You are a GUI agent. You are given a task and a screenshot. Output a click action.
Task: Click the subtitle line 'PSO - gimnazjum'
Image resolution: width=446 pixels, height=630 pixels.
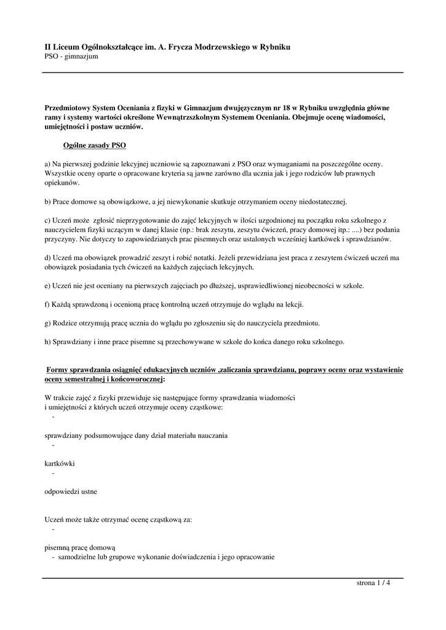71,57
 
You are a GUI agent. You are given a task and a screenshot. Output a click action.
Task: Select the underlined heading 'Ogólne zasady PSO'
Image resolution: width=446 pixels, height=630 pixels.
95,146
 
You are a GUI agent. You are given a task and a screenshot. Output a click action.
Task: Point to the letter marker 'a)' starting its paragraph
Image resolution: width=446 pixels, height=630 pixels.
48,164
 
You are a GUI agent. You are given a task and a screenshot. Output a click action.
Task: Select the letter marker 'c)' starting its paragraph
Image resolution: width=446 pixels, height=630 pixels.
48,220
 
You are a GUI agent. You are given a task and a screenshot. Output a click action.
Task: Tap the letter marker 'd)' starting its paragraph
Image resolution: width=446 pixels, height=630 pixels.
49,258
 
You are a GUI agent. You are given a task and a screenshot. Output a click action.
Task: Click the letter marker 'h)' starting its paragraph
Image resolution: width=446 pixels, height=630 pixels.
49,341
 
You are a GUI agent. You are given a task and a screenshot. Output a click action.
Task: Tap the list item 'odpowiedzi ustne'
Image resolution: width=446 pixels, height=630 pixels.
71,492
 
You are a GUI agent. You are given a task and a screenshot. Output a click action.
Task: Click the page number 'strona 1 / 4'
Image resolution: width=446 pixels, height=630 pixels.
373,584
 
